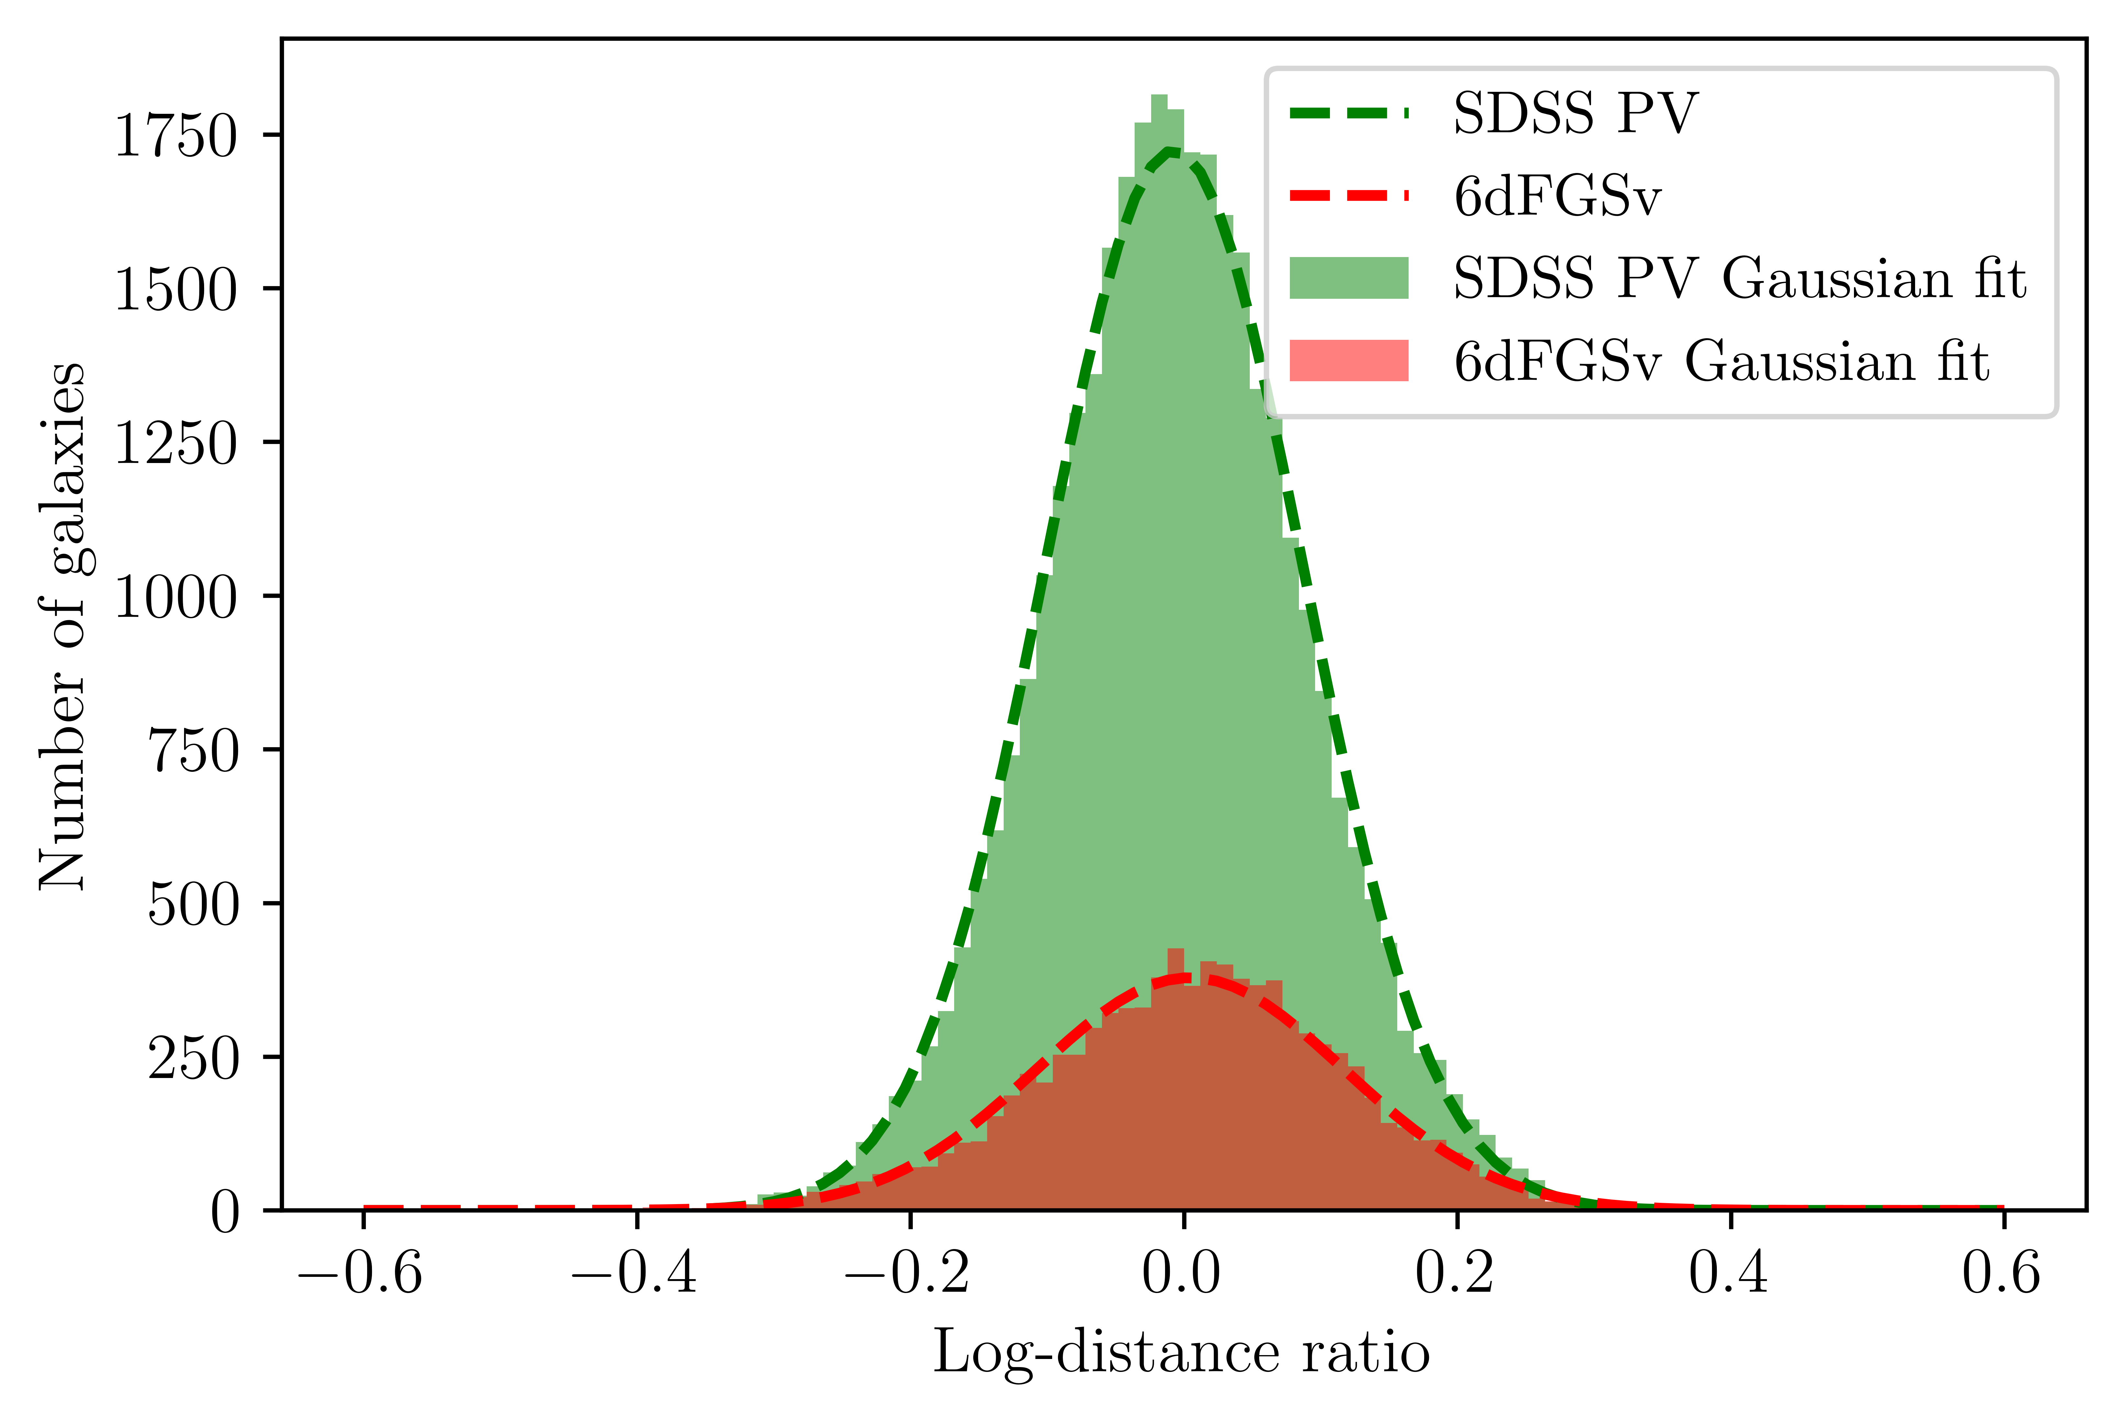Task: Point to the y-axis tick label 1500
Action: click(x=175, y=290)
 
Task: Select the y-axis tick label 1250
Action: click(x=175, y=444)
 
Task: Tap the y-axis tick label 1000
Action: click(x=175, y=597)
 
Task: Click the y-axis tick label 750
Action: click(x=192, y=750)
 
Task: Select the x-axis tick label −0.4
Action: click(x=635, y=1272)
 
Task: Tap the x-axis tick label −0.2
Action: click(x=908, y=1272)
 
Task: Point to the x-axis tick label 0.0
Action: click(x=1182, y=1272)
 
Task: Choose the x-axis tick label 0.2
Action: click(x=1455, y=1272)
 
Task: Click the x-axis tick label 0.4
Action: click(x=1729, y=1272)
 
